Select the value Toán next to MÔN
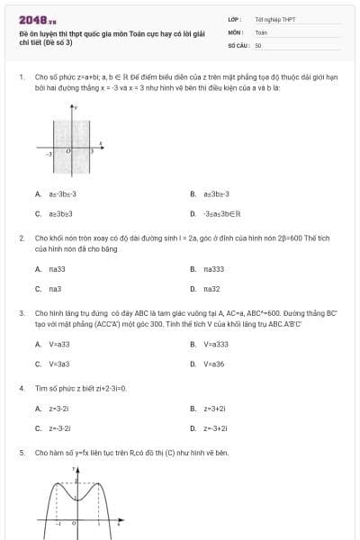point(261,31)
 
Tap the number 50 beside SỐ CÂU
point(258,44)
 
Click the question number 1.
point(21,77)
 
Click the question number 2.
point(21,238)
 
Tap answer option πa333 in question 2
point(213,268)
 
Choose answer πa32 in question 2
point(211,288)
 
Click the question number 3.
point(21,312)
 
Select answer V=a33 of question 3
point(58,344)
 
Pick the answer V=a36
point(213,364)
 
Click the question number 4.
point(21,388)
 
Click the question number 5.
point(21,453)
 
